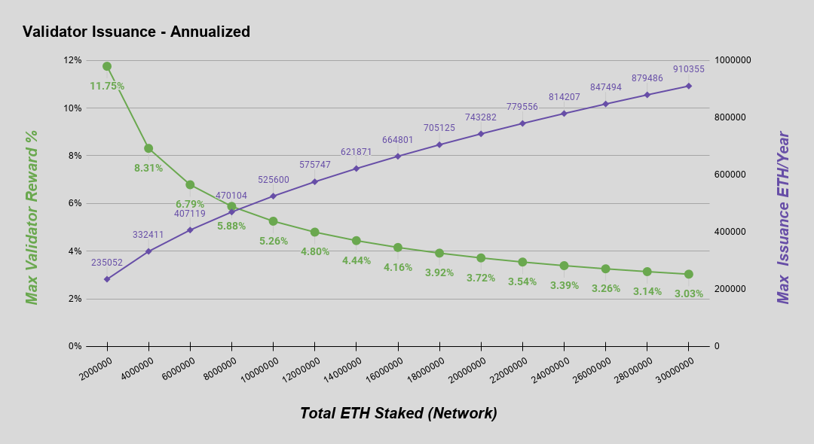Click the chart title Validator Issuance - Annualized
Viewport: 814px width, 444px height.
[x=136, y=32]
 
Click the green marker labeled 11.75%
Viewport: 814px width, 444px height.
[x=107, y=66]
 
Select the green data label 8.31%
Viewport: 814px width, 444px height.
[x=148, y=168]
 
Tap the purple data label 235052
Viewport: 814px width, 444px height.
[x=107, y=263]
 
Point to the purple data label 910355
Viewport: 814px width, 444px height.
[x=689, y=69]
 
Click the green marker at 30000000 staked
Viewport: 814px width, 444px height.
[x=689, y=274]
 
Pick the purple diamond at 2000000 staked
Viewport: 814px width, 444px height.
[x=107, y=279]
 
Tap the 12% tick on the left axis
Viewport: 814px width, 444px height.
[x=72, y=60]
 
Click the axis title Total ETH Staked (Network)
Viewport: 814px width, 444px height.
[x=398, y=413]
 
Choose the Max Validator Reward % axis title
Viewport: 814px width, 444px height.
[x=32, y=217]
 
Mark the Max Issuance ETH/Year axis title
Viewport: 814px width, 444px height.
[x=784, y=217]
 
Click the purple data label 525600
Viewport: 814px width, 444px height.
[x=274, y=181]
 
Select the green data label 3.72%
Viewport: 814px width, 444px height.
[x=481, y=278]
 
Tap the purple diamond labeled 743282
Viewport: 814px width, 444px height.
[x=481, y=133]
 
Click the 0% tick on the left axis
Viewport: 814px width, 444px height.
[x=75, y=346]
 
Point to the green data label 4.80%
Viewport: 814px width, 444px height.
[x=315, y=251]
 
